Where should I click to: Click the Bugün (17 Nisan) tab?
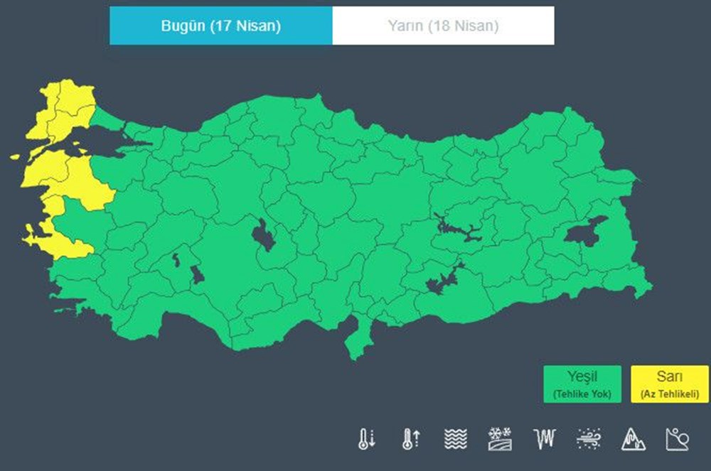coord(220,26)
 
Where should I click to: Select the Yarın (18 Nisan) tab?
coord(443,26)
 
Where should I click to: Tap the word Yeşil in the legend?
coord(582,377)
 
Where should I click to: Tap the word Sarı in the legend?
coord(669,377)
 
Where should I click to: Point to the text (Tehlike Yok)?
coord(582,394)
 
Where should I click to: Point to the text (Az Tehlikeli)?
coord(669,394)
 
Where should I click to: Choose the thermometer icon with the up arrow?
coord(410,439)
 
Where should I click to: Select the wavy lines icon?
coord(455,439)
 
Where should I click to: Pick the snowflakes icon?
coord(499,439)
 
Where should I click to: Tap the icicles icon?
coord(543,439)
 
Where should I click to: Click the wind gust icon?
coord(589,439)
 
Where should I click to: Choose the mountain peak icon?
coord(633,439)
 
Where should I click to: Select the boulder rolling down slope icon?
coord(677,439)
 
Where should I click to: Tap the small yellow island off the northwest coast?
coord(16,156)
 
